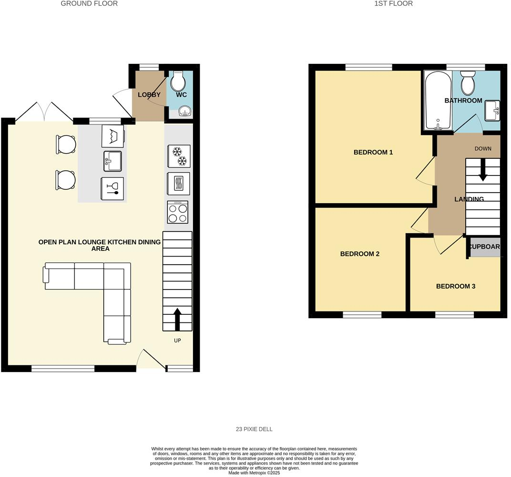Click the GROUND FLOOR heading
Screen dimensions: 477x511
point(89,3)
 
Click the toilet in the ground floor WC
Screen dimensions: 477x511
point(178,82)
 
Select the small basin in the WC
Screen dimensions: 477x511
point(184,112)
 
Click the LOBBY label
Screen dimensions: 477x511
point(149,94)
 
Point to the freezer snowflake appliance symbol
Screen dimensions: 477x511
point(179,156)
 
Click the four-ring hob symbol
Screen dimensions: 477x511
point(178,212)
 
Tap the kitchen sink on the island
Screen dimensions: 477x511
point(112,161)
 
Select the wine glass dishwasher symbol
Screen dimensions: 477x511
point(112,188)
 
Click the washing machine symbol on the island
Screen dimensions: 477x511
point(113,136)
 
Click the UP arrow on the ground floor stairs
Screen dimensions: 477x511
point(177,319)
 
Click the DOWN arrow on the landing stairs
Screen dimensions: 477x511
point(483,170)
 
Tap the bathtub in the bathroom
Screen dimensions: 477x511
point(437,100)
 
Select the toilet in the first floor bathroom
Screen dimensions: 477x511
point(468,83)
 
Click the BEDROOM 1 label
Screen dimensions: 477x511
point(373,152)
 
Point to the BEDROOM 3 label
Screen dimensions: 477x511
point(455,286)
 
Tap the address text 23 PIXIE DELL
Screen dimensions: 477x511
point(254,429)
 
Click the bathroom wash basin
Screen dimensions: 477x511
point(492,111)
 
